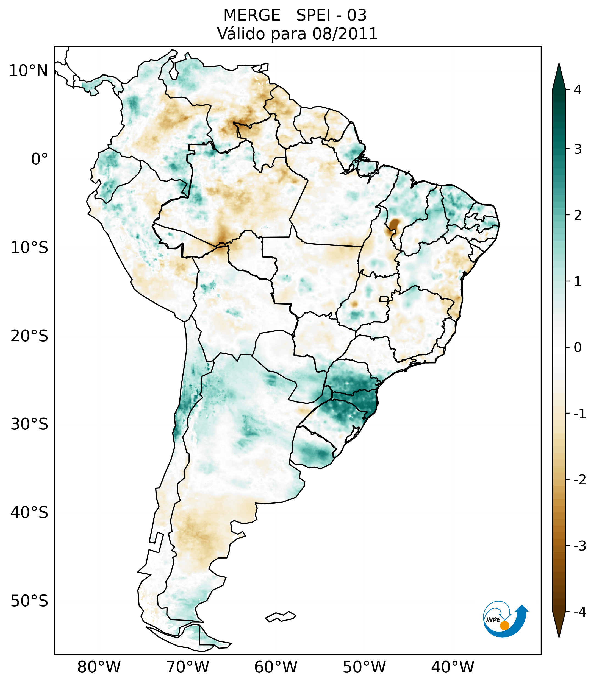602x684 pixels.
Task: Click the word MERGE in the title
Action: pos(252,15)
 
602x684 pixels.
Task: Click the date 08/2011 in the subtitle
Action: pos(345,34)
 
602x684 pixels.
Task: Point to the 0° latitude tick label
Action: pos(40,159)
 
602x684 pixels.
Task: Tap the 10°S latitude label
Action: pos(29,248)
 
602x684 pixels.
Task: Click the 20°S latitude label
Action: pos(29,336)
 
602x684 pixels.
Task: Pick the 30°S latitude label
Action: pos(29,424)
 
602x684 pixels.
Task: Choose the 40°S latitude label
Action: pos(29,513)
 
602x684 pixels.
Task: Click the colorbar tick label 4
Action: pos(578,90)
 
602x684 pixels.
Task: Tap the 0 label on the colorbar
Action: pos(578,348)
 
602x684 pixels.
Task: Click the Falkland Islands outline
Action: pos(281,616)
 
